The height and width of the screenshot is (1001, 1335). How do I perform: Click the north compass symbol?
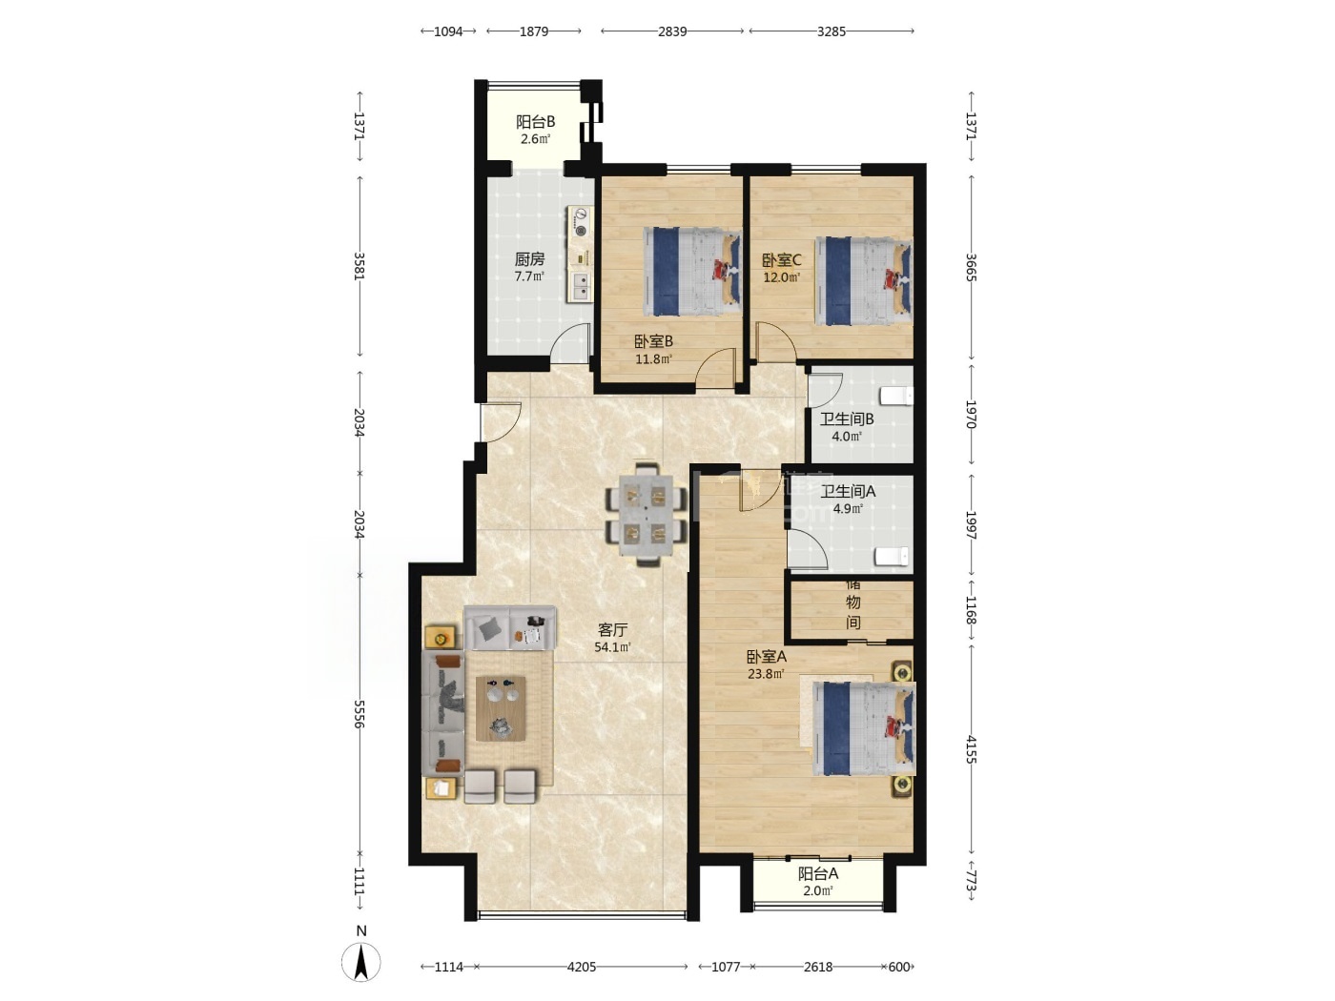(361, 962)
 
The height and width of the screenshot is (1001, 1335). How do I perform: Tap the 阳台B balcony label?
(535, 122)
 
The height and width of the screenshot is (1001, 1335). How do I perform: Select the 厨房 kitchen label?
(529, 259)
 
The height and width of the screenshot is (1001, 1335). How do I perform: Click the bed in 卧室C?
(864, 281)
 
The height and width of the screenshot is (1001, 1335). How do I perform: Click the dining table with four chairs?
(646, 515)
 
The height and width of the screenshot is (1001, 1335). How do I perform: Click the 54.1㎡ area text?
(612, 647)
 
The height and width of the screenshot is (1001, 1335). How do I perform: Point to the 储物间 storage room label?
(853, 603)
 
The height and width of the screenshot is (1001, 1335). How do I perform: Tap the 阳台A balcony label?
(818, 874)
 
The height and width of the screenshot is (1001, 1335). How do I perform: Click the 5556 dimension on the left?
(359, 713)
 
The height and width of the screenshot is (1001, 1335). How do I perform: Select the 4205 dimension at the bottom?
(582, 967)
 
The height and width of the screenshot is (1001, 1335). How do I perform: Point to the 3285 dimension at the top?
(832, 31)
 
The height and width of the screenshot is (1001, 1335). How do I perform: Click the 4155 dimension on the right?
(972, 749)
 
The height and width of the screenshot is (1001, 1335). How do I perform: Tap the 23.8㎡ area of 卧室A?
(766, 673)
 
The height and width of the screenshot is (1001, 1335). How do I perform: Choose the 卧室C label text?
(782, 260)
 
